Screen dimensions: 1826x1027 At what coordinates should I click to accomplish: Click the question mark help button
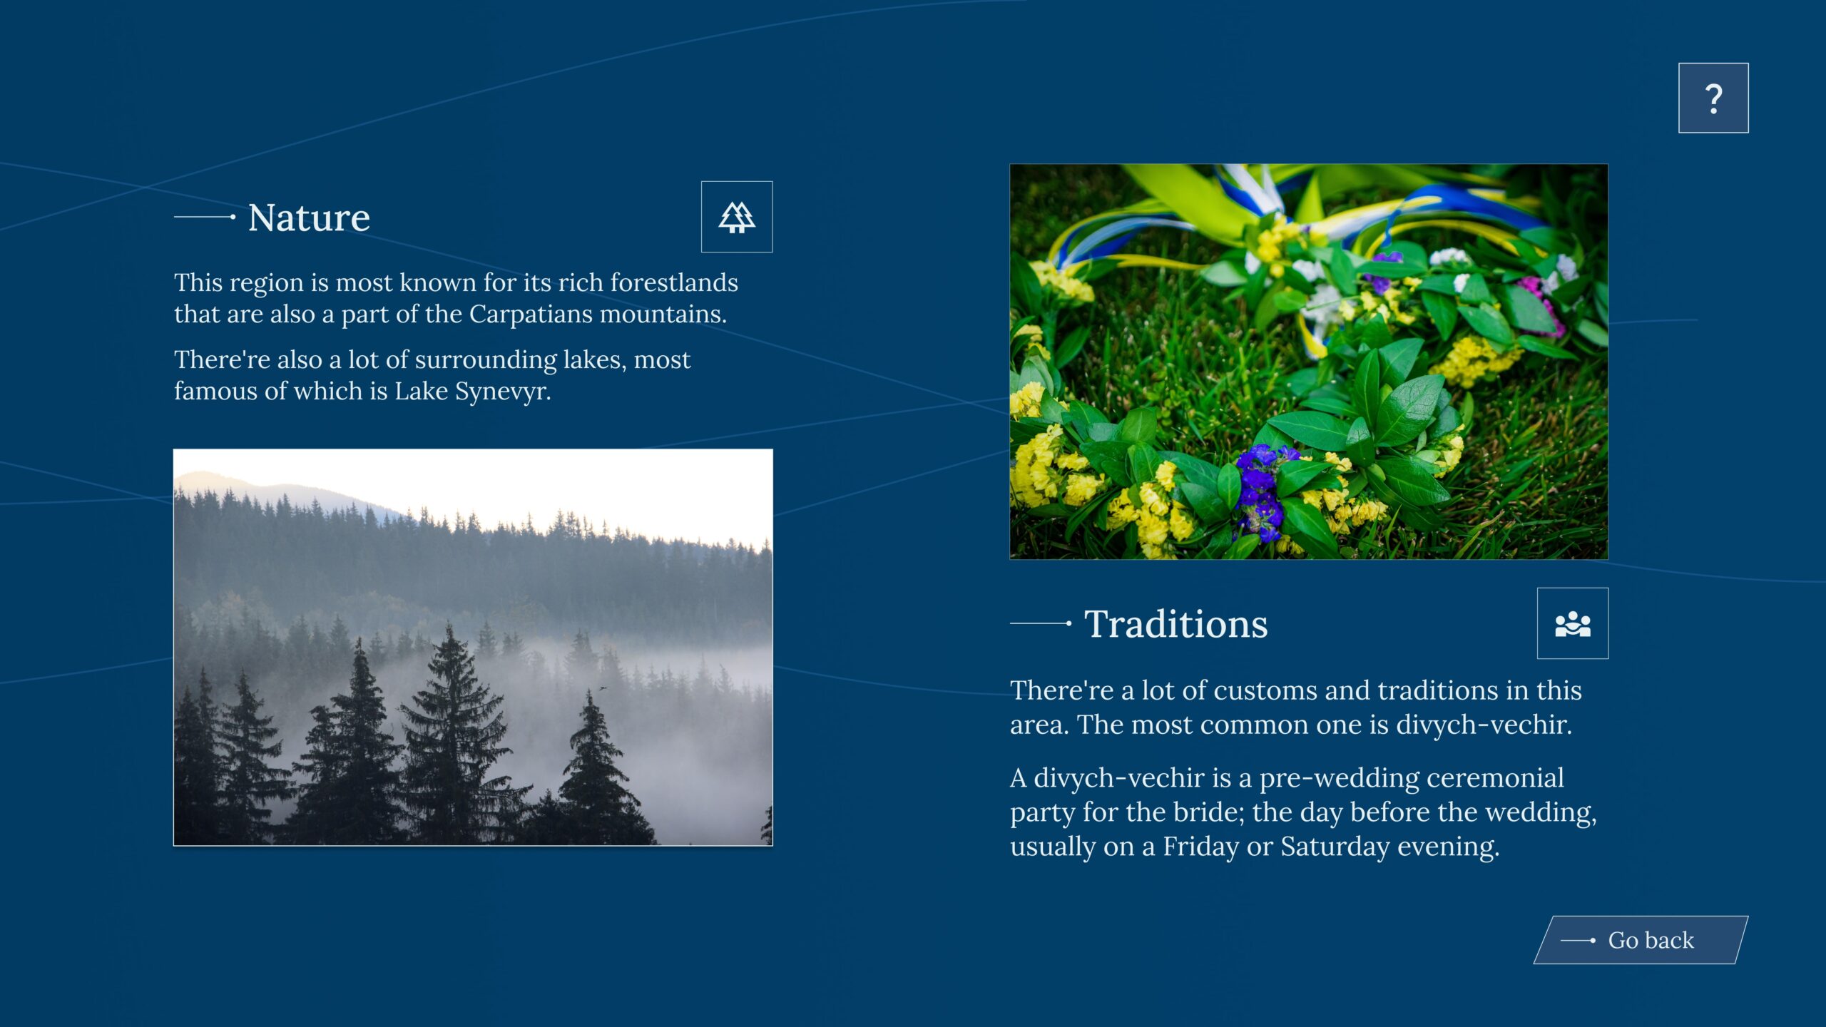(1713, 98)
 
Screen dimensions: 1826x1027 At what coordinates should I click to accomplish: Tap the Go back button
(1641, 940)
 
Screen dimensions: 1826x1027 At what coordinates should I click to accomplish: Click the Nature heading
(309, 218)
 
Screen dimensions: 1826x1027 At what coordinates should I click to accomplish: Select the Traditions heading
(1176, 624)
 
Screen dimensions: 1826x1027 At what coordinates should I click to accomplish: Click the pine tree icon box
(737, 217)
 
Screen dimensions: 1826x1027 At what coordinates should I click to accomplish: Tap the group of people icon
(1573, 624)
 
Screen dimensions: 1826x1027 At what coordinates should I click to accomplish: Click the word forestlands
(674, 282)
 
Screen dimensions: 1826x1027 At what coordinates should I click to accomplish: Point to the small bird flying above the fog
(603, 688)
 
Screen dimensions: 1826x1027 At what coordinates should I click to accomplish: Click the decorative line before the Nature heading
(205, 217)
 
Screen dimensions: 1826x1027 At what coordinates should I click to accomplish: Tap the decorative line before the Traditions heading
(1041, 623)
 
